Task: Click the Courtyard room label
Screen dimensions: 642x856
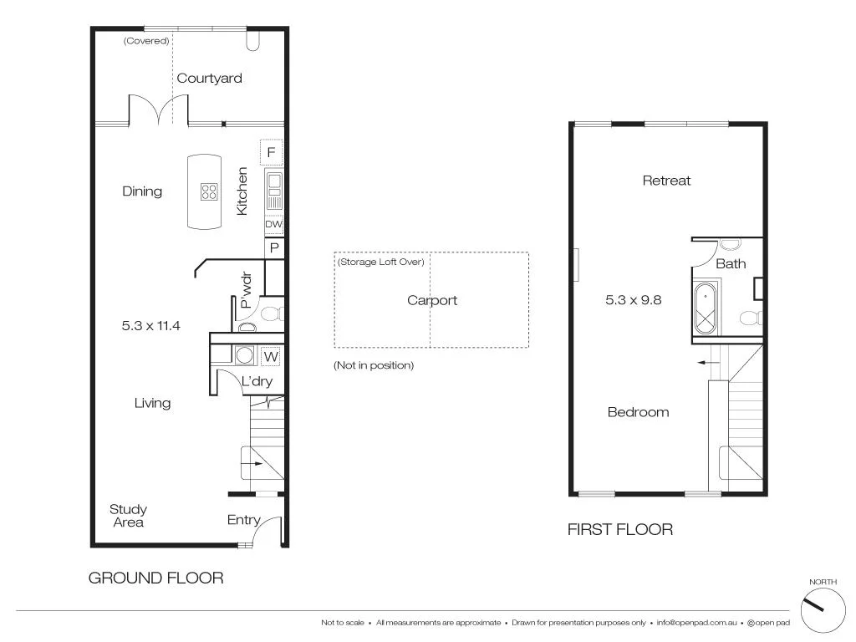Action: coord(209,79)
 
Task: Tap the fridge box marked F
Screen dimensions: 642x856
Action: coord(272,153)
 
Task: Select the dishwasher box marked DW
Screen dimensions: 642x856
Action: coord(273,225)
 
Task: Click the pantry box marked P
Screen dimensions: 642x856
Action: coord(273,248)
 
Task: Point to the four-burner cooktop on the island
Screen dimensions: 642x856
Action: coord(209,191)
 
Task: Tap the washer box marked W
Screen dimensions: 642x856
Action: coord(271,356)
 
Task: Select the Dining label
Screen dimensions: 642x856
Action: coord(142,191)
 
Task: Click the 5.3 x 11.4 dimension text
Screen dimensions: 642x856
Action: coord(150,326)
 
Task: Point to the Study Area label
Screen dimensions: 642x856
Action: coord(128,516)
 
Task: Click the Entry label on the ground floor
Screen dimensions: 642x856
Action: coord(243,520)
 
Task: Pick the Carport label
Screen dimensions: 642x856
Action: coord(432,300)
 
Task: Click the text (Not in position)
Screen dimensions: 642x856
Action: coord(374,365)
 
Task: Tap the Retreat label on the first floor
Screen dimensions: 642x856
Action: coord(666,181)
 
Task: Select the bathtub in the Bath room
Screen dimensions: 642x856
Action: coord(707,308)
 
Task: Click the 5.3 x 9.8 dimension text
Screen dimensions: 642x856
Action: coord(633,299)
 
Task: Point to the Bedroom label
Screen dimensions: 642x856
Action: coord(638,412)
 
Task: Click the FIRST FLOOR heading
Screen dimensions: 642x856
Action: coord(619,529)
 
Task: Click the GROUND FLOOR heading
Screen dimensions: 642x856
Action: coord(155,578)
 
